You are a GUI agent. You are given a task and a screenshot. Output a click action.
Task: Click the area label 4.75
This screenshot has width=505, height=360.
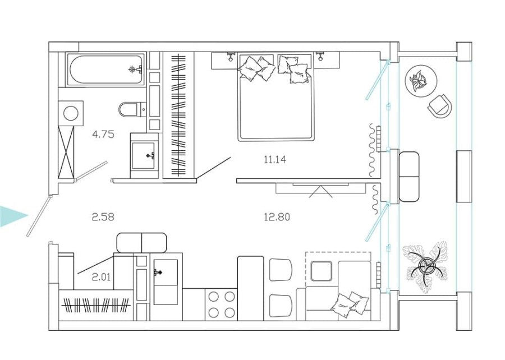(x=103, y=134)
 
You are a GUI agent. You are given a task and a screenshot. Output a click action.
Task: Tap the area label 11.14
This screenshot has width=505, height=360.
(x=275, y=160)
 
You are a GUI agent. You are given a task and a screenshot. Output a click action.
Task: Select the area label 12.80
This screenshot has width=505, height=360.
(x=276, y=216)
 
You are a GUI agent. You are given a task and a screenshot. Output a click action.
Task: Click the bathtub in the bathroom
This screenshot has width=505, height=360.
(x=105, y=70)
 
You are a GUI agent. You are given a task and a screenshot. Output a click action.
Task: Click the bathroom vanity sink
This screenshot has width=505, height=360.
(x=144, y=155)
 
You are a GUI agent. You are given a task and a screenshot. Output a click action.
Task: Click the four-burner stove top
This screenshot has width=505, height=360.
(x=221, y=304)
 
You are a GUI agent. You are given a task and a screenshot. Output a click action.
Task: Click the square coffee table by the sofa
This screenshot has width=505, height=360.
(x=323, y=271)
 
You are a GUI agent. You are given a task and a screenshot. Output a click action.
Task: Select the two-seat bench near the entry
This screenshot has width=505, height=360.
(x=141, y=242)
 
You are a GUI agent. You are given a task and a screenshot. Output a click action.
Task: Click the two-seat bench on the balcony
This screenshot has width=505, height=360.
(x=408, y=177)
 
